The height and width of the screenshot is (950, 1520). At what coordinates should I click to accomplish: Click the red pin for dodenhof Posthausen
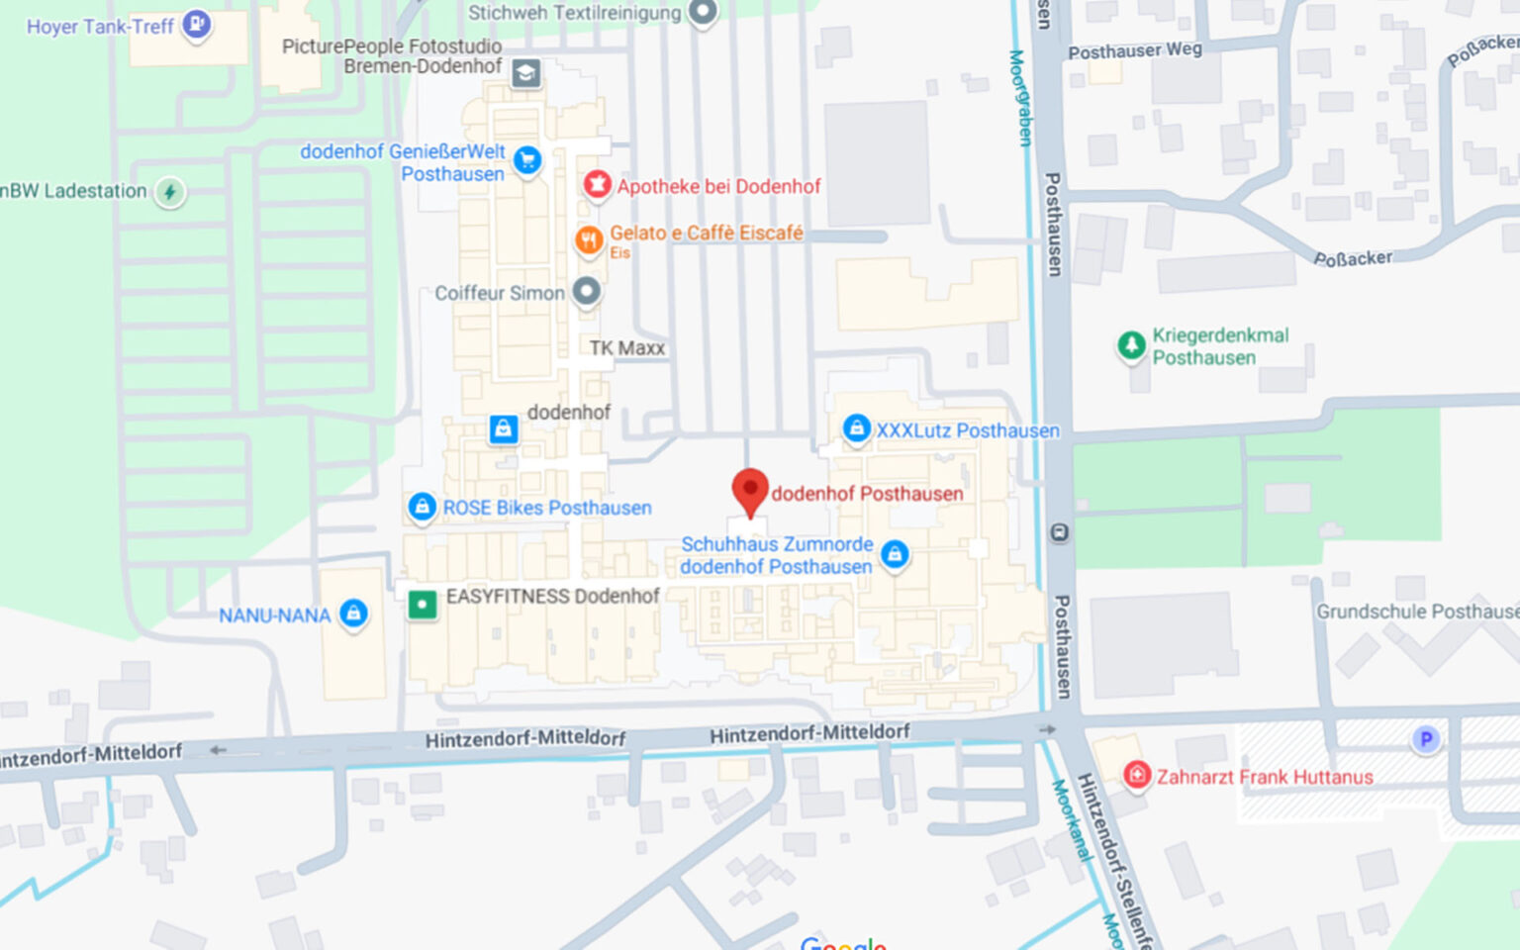pos(750,490)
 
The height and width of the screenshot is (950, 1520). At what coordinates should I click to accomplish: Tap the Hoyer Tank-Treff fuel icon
pos(197,24)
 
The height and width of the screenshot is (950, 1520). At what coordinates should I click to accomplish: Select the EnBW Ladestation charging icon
pos(170,191)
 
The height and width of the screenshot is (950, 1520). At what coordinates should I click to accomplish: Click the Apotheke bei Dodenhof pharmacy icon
pos(596,185)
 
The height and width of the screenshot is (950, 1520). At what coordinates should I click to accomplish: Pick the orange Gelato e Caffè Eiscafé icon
pos(589,239)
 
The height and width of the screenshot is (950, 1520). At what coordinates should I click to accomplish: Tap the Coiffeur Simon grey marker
pos(587,292)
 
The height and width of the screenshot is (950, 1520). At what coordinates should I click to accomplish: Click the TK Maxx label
pos(627,348)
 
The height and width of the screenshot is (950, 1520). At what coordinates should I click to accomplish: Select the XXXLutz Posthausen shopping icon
pos(856,428)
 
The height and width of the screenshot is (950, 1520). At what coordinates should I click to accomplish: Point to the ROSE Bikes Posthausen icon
pos(423,507)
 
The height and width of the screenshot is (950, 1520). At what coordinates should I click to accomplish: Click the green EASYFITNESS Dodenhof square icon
pos(423,603)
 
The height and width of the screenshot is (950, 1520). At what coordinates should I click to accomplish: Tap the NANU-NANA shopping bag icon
pos(353,614)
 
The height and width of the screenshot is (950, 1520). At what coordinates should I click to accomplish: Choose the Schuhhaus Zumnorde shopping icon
pos(895,554)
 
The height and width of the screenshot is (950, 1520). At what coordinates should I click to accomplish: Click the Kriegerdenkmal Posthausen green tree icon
pos(1131,345)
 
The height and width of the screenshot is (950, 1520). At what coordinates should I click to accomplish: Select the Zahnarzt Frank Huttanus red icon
pos(1137,775)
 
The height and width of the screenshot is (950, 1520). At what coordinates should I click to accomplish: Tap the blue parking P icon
pos(1426,739)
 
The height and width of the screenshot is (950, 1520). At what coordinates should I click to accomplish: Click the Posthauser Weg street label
pos(1135,50)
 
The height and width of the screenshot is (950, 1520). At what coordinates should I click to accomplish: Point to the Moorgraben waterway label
pos(1020,98)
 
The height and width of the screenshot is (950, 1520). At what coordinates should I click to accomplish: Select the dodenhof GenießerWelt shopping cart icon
pos(527,158)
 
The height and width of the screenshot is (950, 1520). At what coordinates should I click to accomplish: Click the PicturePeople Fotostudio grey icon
pos(525,72)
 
